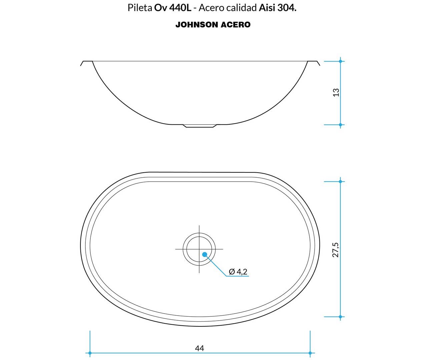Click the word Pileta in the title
coord(140,8)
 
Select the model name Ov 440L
coord(173,8)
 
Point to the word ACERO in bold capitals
coord(236,25)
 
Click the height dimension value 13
coord(336,92)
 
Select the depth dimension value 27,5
coord(336,250)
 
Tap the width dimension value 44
coord(199,348)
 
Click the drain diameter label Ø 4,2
coord(238,272)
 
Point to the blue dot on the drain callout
coord(204,255)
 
